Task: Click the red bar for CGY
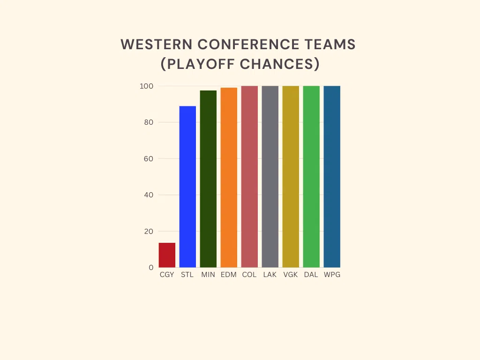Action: click(x=167, y=255)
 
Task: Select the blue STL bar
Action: click(x=187, y=187)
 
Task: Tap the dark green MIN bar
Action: click(x=208, y=179)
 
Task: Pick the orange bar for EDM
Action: click(x=229, y=178)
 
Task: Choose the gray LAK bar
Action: click(x=270, y=177)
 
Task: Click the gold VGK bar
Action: click(x=291, y=177)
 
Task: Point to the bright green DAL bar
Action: click(x=311, y=177)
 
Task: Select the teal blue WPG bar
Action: click(x=332, y=177)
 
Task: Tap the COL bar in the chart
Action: click(x=249, y=177)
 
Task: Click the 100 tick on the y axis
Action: click(x=146, y=86)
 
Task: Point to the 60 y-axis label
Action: click(x=149, y=158)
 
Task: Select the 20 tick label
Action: click(x=149, y=232)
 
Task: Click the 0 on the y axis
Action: click(x=151, y=268)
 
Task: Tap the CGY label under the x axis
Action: click(x=167, y=275)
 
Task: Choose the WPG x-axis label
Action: click(x=332, y=275)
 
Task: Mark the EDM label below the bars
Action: click(x=229, y=275)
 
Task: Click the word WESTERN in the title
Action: click(x=157, y=45)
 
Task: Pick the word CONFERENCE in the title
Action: click(x=248, y=45)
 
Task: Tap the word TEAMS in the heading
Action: click(x=330, y=45)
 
